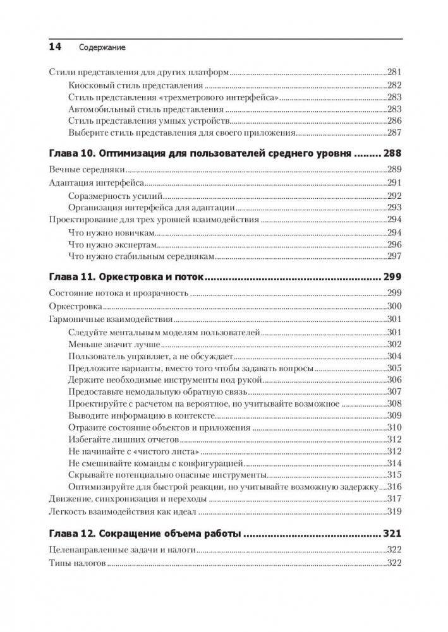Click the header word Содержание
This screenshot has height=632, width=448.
(x=102, y=47)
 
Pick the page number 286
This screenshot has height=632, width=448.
(x=394, y=120)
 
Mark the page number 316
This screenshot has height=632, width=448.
(x=394, y=487)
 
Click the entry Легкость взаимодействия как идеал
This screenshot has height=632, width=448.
(x=123, y=511)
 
